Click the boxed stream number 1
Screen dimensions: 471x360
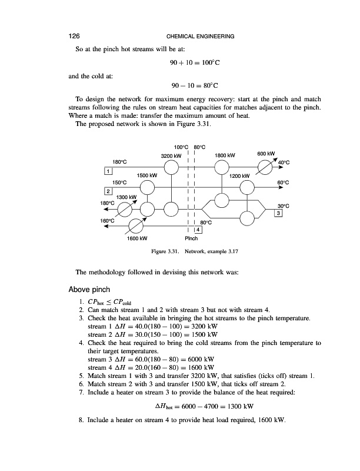pyautogui.click(x=108, y=171)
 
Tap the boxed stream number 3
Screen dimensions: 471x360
pyautogui.click(x=278, y=213)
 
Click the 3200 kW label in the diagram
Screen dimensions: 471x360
pyautogui.click(x=170, y=155)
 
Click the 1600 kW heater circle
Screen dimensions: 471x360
pyautogui.click(x=136, y=226)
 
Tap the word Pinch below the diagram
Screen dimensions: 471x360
pyautogui.click(x=192, y=239)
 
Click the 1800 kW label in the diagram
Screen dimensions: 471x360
pyautogui.click(x=225, y=155)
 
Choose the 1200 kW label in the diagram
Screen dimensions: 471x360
pyautogui.click(x=240, y=176)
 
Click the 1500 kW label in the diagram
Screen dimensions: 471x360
pyautogui.click(x=146, y=175)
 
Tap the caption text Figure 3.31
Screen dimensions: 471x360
pyautogui.click(x=165, y=251)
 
